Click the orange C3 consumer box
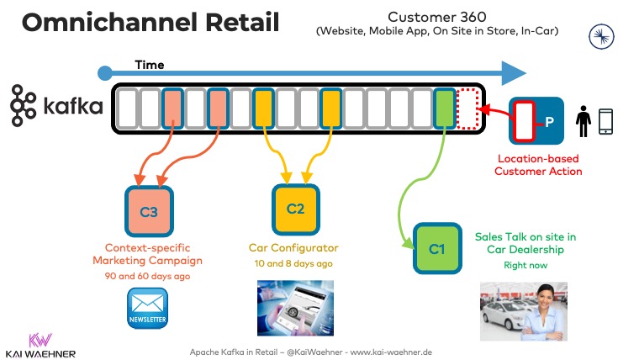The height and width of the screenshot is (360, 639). [149, 211]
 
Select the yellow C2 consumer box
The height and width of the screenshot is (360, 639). [295, 209]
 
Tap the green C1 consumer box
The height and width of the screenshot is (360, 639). [436, 248]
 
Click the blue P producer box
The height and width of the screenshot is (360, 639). [535, 120]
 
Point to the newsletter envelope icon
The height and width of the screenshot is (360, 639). [148, 309]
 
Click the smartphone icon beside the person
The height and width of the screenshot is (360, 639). [605, 121]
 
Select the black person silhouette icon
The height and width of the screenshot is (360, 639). [582, 121]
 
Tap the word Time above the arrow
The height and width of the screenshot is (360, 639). [149, 65]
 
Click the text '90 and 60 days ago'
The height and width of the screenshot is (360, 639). [148, 276]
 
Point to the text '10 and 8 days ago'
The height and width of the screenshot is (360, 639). [293, 263]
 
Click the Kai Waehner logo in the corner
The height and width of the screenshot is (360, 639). [40, 345]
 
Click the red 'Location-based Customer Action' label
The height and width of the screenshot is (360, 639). [538, 165]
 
